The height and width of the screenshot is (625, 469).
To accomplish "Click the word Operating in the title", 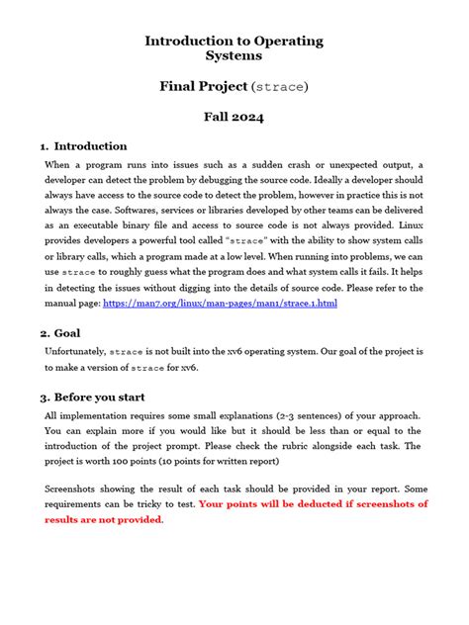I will [280, 41].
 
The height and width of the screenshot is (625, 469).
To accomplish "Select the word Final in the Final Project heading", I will [181, 86].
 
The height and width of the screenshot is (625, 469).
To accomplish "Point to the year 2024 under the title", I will [252, 116].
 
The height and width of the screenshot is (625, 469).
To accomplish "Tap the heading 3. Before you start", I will [100, 398].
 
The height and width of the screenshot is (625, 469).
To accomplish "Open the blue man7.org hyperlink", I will [220, 303].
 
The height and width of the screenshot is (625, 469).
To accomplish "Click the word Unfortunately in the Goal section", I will [75, 351].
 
